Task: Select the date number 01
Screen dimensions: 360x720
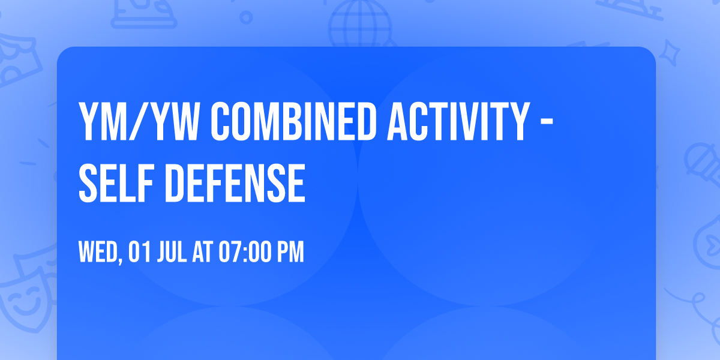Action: click(139, 252)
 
